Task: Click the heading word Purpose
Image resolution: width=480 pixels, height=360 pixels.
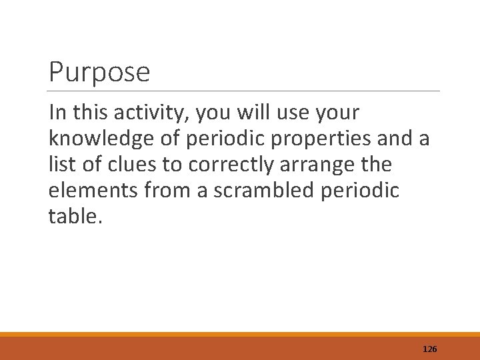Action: click(99, 72)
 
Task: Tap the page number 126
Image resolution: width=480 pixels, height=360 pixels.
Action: click(429, 348)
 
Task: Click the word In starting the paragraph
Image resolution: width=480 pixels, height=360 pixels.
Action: click(57, 114)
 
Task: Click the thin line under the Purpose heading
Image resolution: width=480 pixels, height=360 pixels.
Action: click(244, 91)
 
